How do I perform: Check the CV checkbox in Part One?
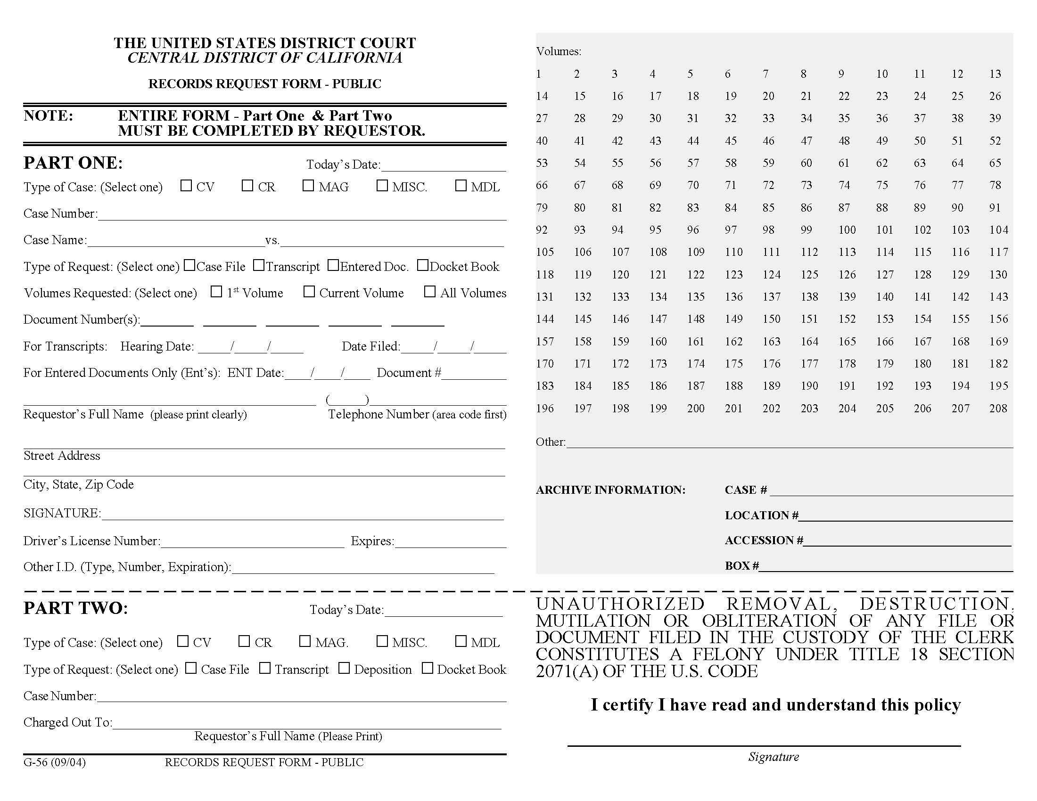pos(186,186)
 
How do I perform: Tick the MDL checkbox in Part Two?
pos(461,641)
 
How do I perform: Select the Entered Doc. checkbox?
pos(333,265)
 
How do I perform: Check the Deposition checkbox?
pos(344,668)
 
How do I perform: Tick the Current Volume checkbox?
pos(309,291)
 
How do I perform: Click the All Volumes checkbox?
pos(430,291)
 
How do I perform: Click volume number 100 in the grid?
pos(847,230)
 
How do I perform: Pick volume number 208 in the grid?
pos(998,409)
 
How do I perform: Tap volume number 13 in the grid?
pos(995,74)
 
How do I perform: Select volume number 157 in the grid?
pos(544,342)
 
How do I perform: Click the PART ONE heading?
pos(73,163)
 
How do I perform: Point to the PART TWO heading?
pos(75,608)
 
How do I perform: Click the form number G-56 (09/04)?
pos(55,762)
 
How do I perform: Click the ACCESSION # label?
pos(764,540)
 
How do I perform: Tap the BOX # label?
pos(741,565)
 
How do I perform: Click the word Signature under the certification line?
pos(774,757)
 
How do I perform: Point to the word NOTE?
pos(49,116)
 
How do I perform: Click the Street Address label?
pos(62,456)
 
